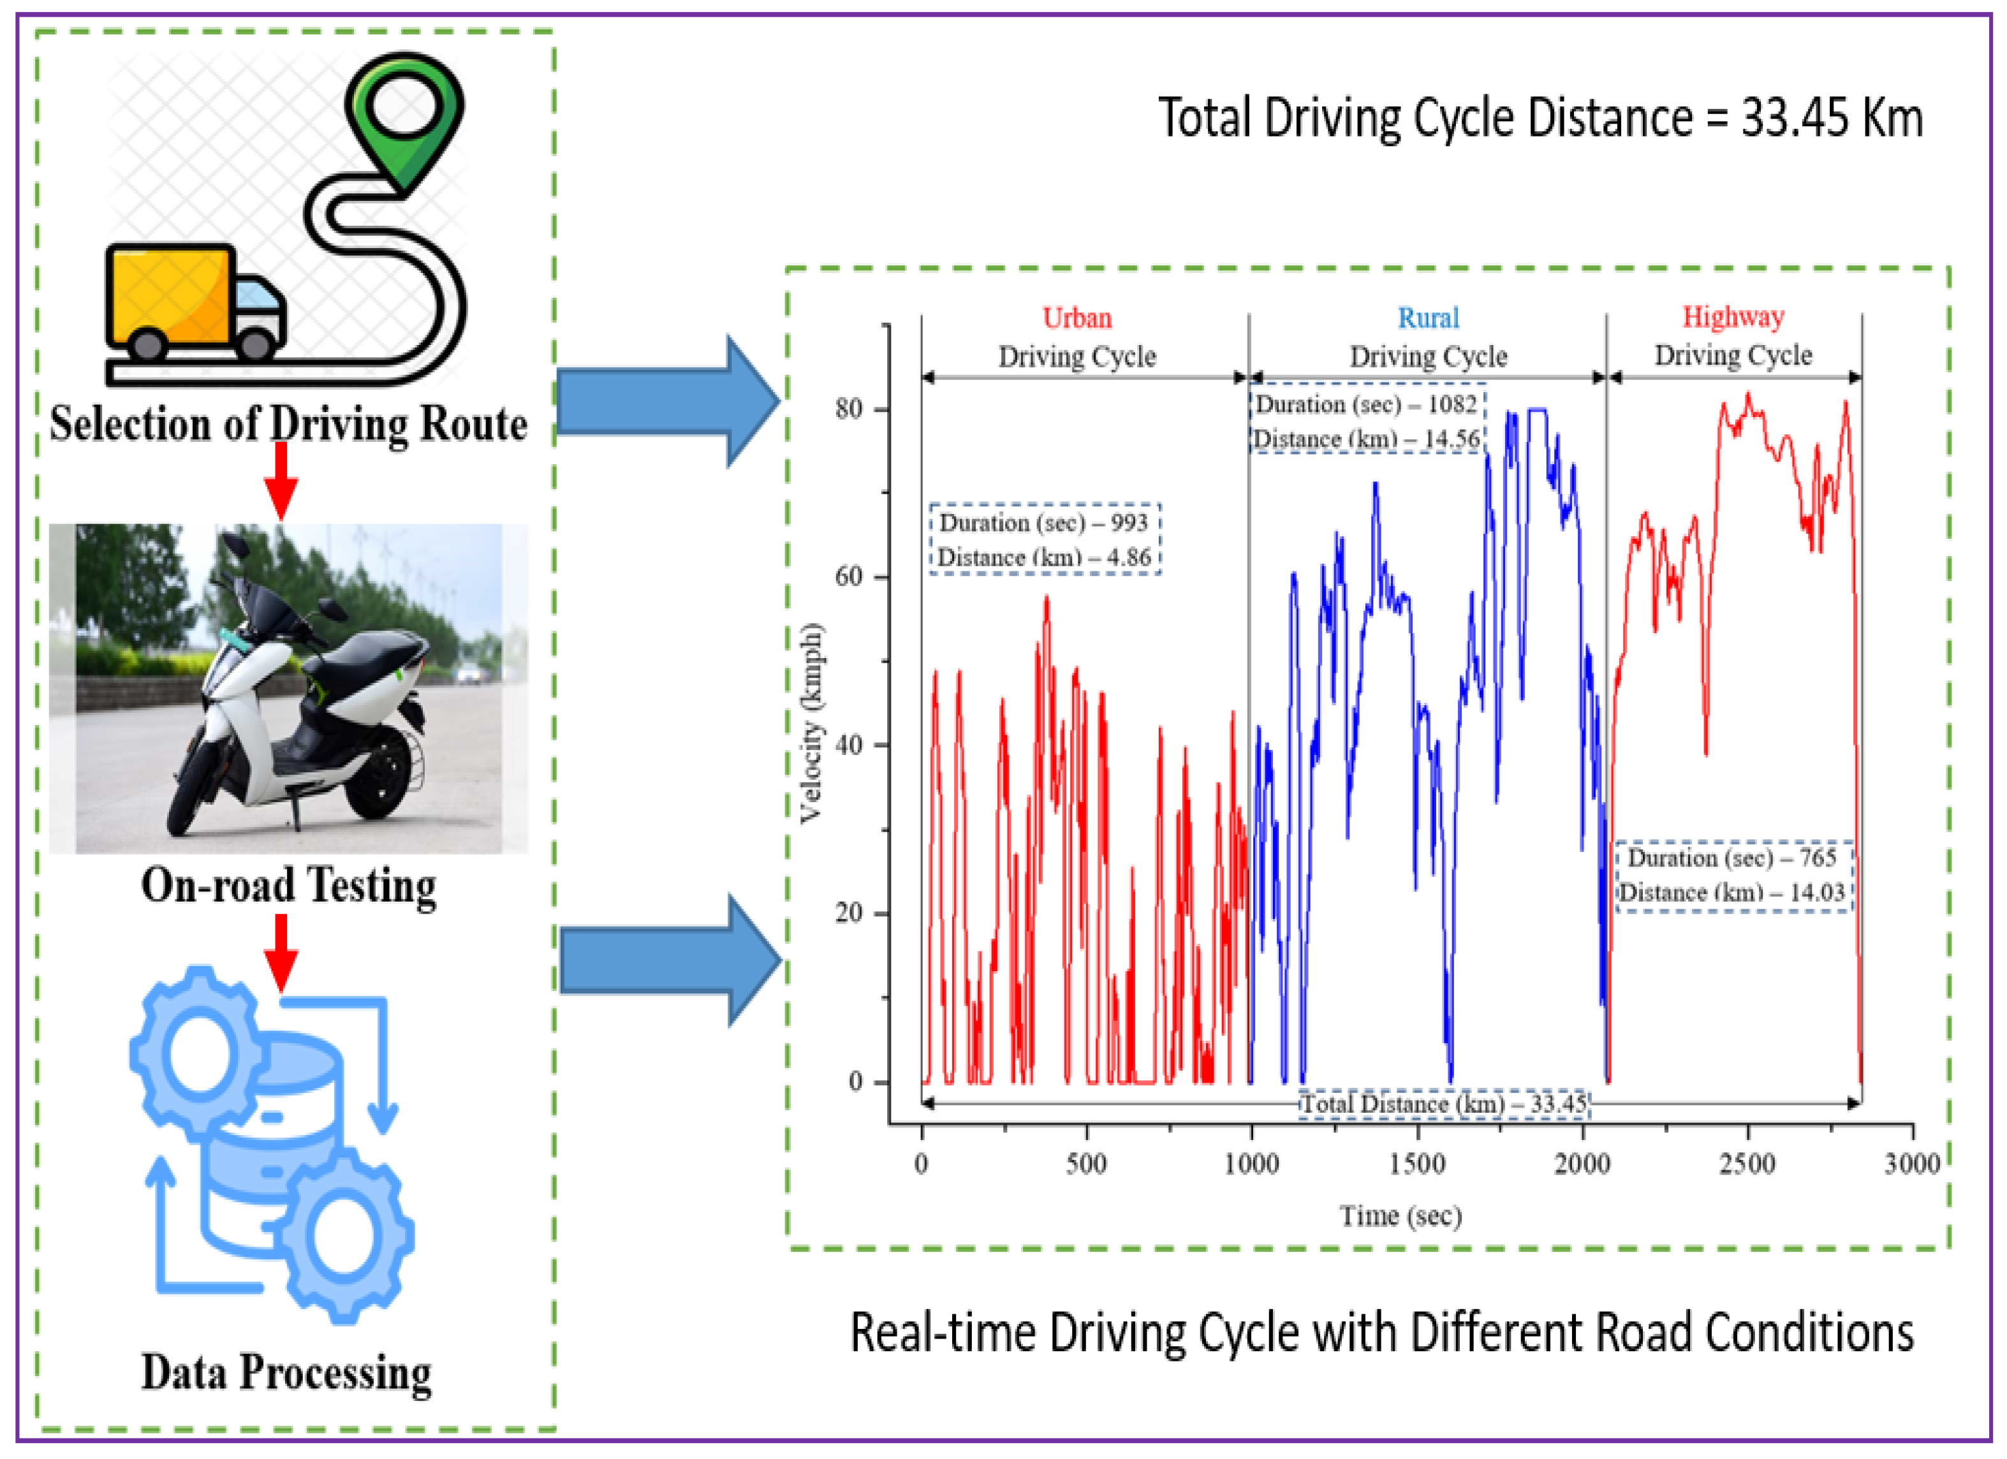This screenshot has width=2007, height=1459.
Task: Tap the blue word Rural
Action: pyautogui.click(x=1429, y=318)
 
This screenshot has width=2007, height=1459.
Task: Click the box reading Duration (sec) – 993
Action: pyautogui.click(x=1043, y=523)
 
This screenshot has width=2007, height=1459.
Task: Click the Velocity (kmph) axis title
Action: pyautogui.click(x=811, y=723)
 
